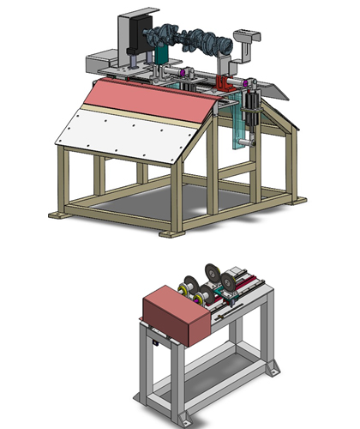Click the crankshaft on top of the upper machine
[x=190, y=39]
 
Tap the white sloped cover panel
[x=124, y=133]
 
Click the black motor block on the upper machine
[x=136, y=39]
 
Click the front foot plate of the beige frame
[x=171, y=233]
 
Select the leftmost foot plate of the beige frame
[x=59, y=212]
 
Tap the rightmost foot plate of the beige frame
[x=297, y=200]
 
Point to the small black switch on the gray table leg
[x=155, y=343]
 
